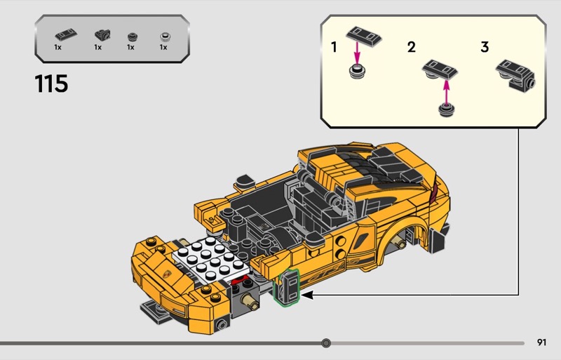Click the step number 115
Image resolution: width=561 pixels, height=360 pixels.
point(51,84)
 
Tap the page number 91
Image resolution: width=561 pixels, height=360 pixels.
point(541,342)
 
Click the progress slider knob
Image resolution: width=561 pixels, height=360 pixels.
point(326,343)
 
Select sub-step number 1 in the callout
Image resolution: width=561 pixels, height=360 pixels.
point(334,47)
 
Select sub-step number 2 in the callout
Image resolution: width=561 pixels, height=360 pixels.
point(412,47)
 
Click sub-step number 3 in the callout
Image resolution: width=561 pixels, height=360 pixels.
point(485,47)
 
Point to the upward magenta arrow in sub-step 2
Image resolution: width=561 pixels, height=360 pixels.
point(446,91)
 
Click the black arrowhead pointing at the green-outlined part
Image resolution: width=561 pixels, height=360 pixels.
point(307,295)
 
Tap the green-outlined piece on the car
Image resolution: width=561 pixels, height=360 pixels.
point(286,287)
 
